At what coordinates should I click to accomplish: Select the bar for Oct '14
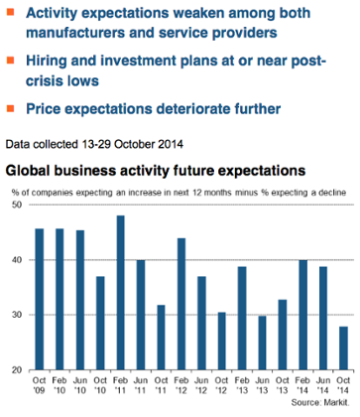[342, 347]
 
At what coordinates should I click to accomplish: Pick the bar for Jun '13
[261, 343]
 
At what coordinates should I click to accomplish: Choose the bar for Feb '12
[181, 304]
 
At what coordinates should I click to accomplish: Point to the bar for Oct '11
[161, 337]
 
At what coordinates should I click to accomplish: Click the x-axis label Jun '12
[201, 387]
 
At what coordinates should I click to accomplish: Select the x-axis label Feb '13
[242, 387]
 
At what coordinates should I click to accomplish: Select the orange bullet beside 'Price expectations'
[12, 106]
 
